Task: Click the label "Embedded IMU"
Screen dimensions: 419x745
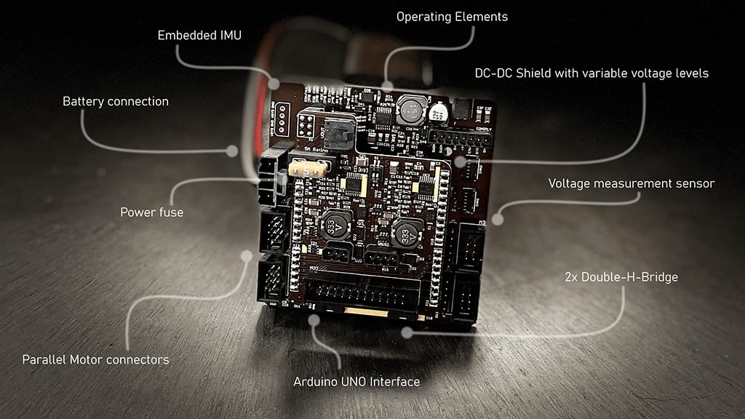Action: (x=199, y=36)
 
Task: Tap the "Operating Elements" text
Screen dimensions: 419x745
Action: (x=452, y=17)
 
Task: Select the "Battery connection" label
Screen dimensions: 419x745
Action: (x=115, y=102)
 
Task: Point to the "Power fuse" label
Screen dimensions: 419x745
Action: (x=151, y=212)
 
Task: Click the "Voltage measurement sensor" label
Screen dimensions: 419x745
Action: (x=631, y=184)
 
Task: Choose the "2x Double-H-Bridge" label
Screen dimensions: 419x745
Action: (x=621, y=277)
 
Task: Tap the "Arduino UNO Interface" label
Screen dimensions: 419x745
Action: (x=356, y=381)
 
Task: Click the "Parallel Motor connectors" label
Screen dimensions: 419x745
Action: (x=95, y=359)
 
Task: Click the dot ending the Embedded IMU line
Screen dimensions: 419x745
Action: (x=274, y=84)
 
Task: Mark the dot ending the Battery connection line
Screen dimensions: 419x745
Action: (x=232, y=151)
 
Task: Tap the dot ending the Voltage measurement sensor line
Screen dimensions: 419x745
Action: (x=498, y=218)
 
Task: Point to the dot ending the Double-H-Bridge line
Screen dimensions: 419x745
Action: (x=407, y=332)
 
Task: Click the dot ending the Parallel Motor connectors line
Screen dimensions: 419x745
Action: (x=247, y=256)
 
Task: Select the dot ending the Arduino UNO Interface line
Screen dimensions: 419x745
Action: (x=314, y=319)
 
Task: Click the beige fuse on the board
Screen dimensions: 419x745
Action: (x=306, y=169)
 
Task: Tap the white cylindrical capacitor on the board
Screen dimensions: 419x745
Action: (x=438, y=111)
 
